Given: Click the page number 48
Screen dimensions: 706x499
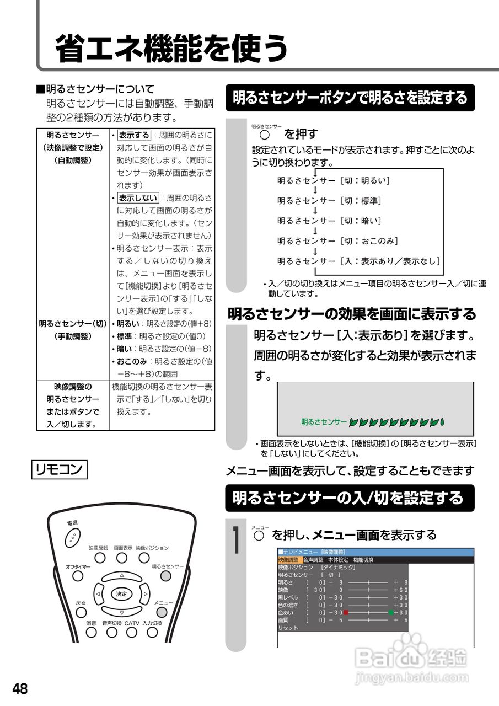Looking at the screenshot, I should [20, 689].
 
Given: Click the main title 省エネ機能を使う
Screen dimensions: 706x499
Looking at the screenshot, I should [171, 49].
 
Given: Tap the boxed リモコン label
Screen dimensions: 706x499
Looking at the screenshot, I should [58, 469].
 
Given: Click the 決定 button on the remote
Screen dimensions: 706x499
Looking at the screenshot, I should [121, 594].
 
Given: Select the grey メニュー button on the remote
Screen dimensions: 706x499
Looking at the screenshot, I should [162, 612].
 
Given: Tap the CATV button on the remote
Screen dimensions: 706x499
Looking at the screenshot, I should [131, 633].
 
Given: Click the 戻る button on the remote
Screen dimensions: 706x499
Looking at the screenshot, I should [81, 612].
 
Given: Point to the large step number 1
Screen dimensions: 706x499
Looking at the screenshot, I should [235, 541].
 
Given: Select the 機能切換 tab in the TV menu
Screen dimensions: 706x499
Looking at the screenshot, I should [363, 560].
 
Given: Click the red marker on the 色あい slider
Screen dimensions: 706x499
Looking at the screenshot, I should [346, 612].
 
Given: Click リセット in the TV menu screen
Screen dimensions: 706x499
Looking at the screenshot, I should [288, 628].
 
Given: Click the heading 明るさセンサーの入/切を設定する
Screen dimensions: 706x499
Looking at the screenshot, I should [348, 498].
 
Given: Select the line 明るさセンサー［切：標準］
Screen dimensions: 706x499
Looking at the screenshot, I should [329, 201].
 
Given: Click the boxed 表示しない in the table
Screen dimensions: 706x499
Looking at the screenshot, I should [138, 198].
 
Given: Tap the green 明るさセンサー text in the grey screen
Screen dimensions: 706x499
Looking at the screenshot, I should [324, 422].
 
